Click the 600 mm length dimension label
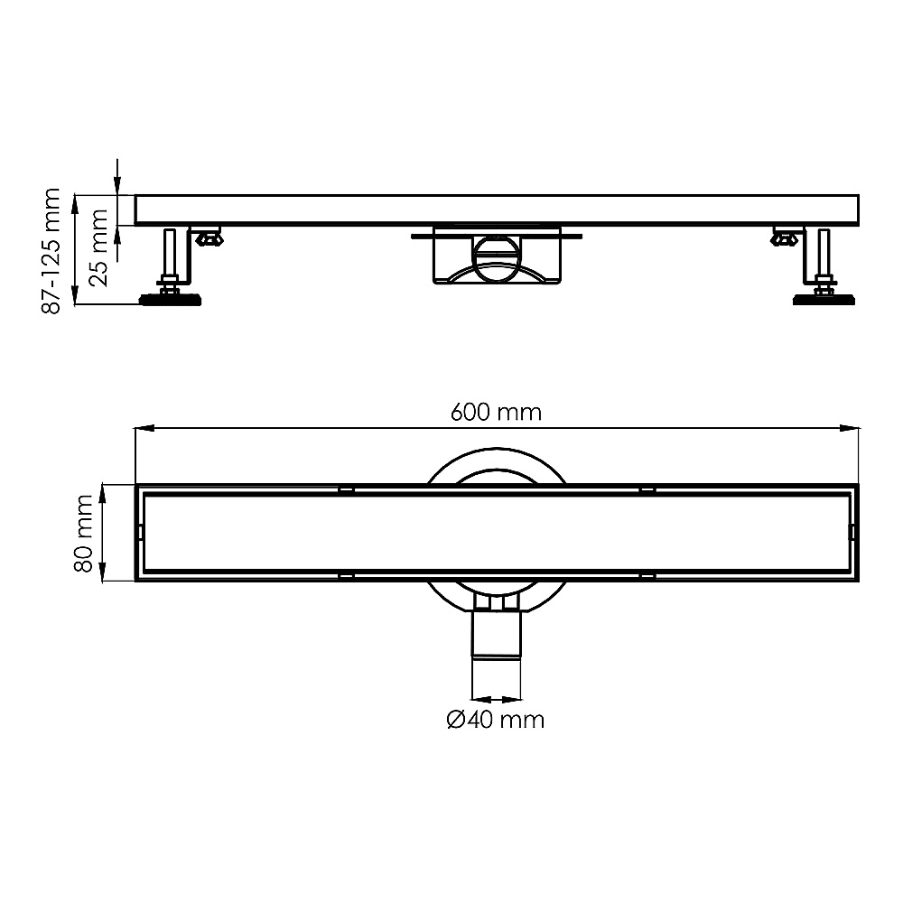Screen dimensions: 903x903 [x=496, y=413]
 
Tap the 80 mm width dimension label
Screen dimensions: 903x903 [x=84, y=534]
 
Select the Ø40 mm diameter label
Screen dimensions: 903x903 [x=495, y=720]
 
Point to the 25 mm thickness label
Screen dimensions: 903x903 [x=99, y=247]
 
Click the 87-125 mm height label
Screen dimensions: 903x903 [x=51, y=251]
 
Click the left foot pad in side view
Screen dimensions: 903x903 [x=170, y=300]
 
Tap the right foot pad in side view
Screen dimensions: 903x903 [x=824, y=300]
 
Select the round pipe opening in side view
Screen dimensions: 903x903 [x=496, y=258]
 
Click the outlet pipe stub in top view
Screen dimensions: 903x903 [x=496, y=634]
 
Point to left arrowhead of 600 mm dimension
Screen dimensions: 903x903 [x=144, y=428]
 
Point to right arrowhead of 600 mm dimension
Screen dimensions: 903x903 [x=849, y=428]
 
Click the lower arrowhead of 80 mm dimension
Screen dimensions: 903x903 [x=103, y=573]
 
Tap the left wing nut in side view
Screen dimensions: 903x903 [x=209, y=237]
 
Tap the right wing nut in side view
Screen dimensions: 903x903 [x=786, y=237]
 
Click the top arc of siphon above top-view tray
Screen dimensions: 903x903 [x=496, y=449]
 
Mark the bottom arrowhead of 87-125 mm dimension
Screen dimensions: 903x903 [x=74, y=295]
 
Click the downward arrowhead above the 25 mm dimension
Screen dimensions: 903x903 [x=117, y=185]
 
